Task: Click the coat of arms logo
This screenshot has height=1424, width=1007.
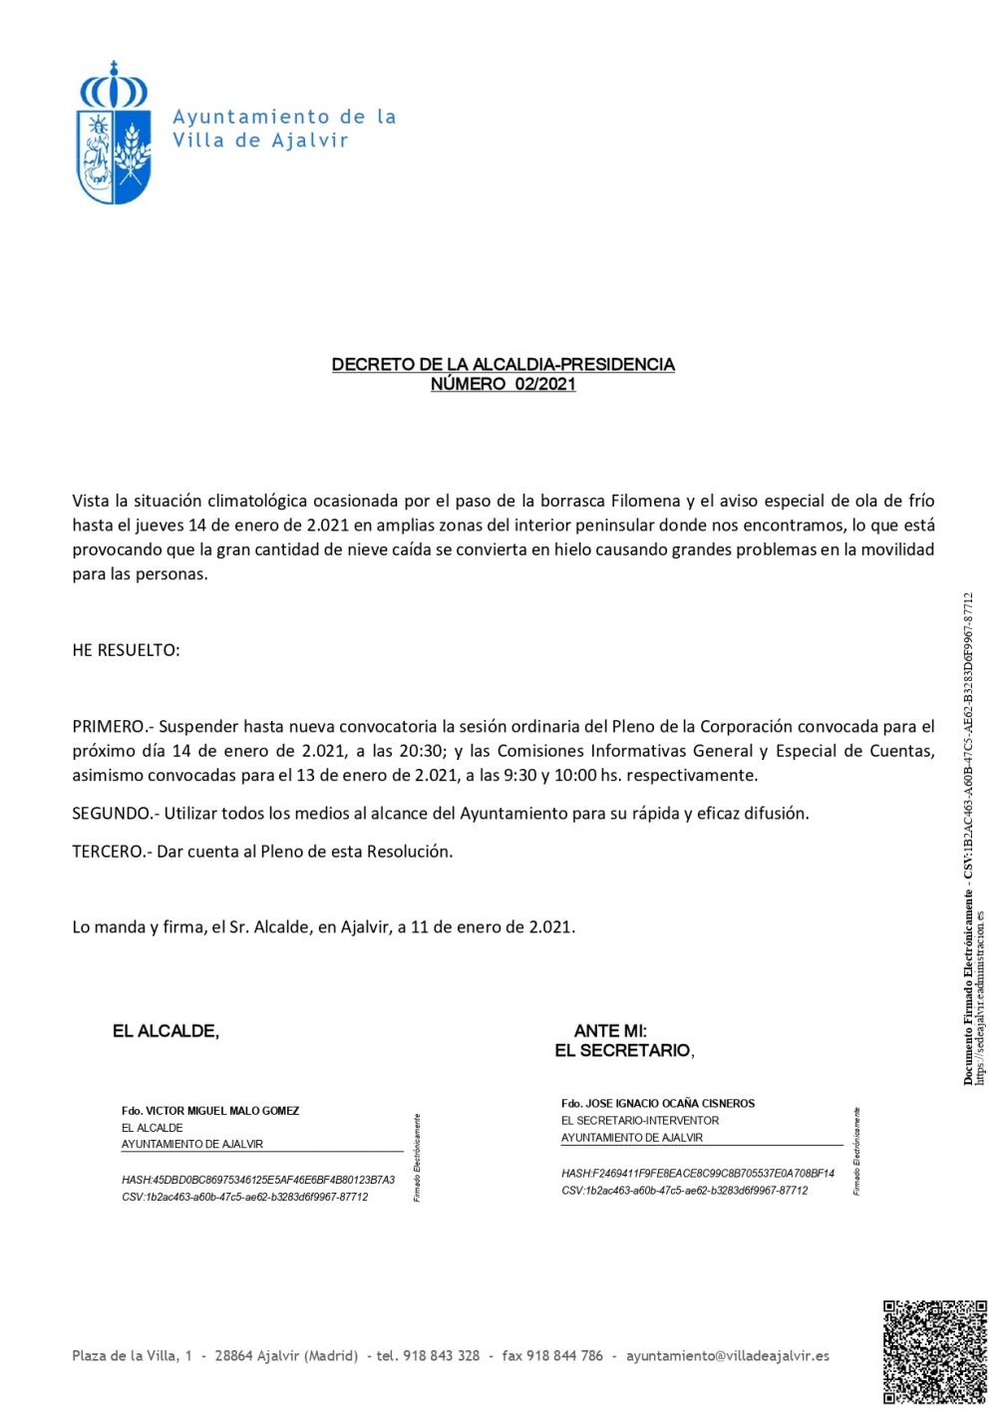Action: (115, 134)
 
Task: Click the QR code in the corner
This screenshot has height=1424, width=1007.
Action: (934, 1350)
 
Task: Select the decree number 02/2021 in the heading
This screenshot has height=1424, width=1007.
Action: (545, 385)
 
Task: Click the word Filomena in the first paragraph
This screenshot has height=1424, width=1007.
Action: (645, 501)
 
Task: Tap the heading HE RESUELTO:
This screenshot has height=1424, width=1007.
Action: (126, 650)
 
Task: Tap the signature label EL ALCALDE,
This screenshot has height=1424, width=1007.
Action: (166, 1031)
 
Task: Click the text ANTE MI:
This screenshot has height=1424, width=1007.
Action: (610, 1031)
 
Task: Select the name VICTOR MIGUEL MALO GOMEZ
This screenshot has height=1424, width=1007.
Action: (222, 1111)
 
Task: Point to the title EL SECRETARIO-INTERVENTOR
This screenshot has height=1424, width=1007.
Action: (640, 1121)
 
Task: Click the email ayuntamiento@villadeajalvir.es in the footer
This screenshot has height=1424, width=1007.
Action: (727, 1356)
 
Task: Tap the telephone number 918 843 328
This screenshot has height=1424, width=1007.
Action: (441, 1356)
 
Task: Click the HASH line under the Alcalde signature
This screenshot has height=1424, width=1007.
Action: (258, 1181)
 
